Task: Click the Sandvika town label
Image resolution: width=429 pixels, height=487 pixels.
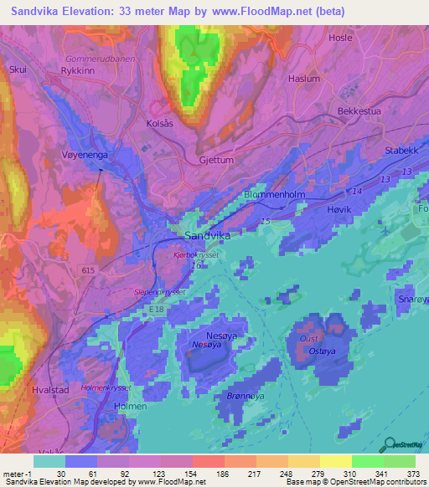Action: pos(207,236)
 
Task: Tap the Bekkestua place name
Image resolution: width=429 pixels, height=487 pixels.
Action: pos(361,110)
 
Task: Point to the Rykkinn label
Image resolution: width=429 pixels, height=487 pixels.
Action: pos(80,73)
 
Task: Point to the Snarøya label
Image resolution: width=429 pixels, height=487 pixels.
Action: pos(411,300)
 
